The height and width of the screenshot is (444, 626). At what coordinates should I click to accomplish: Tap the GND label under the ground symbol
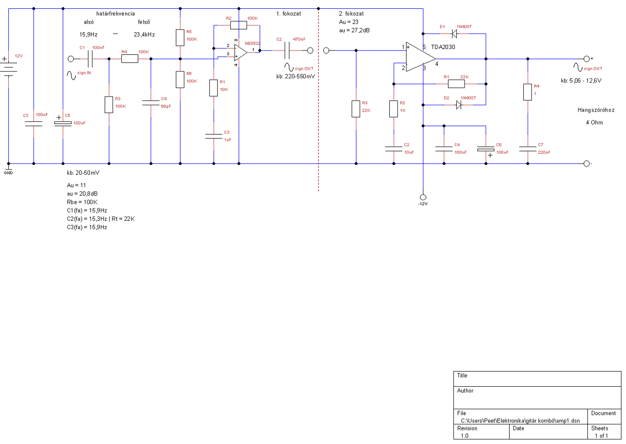[8, 173]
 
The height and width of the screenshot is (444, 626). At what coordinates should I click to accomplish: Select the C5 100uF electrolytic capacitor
[63, 123]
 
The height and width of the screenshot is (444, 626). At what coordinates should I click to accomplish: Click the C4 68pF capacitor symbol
[151, 103]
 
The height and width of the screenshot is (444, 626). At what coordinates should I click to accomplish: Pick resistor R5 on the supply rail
[180, 38]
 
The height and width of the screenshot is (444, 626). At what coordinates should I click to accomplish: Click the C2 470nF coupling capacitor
[287, 50]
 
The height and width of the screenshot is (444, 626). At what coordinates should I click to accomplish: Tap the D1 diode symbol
[455, 34]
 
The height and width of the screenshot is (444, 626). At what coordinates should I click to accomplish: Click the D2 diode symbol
[459, 105]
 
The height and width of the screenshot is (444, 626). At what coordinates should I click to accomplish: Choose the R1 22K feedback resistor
[456, 84]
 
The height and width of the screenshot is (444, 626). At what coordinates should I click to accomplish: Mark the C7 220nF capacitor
[528, 149]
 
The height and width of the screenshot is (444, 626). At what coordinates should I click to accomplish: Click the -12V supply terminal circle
[423, 197]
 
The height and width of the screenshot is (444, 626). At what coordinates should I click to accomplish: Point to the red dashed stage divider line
[318, 100]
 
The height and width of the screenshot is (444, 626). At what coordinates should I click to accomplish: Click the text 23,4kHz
[144, 35]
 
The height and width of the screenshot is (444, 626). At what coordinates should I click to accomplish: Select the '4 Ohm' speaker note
[594, 122]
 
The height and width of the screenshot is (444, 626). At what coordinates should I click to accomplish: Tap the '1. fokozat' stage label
[289, 14]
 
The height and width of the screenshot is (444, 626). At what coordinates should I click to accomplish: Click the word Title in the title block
[462, 375]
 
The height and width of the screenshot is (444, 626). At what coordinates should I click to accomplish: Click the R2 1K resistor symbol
[394, 109]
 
